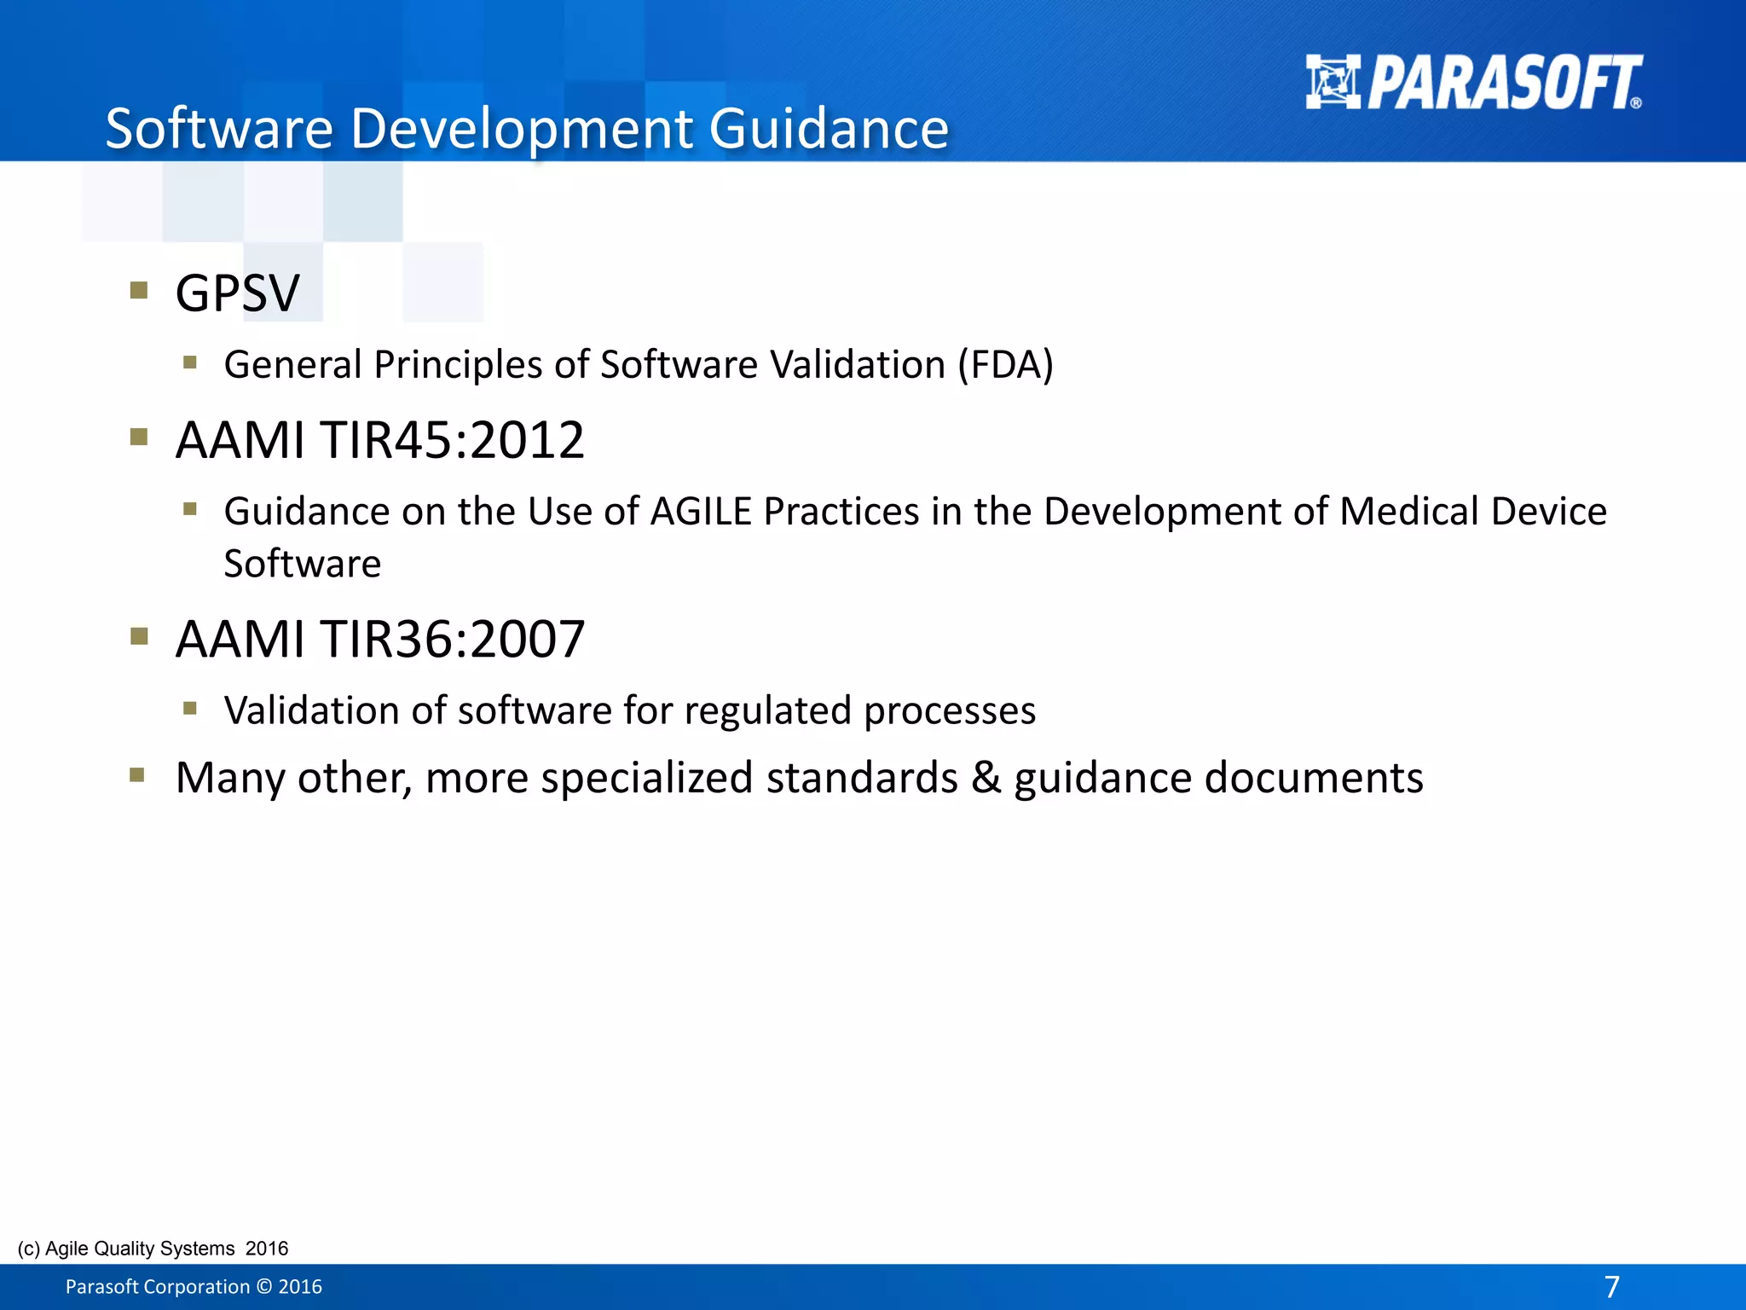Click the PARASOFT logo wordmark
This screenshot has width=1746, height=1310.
pos(1505,83)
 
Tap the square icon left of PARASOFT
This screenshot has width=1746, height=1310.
pos(1333,83)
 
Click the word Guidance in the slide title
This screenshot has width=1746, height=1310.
pos(829,129)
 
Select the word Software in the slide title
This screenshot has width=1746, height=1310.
pos(219,129)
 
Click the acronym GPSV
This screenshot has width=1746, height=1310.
pos(237,293)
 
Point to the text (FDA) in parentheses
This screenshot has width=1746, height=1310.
pos(1005,365)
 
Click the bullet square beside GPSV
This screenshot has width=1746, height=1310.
pos(139,291)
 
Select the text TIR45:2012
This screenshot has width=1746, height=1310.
pos(452,441)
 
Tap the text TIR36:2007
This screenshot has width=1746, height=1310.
pos(452,639)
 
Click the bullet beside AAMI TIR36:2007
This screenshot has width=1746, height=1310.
pos(139,636)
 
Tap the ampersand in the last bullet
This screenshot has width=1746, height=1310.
pos(986,777)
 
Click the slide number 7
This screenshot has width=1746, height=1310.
pos(1611,1286)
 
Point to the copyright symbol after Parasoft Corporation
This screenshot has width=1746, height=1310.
pos(264,1287)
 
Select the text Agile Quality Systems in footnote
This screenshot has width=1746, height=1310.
pos(140,1249)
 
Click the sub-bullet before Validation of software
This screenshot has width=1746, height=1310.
pos(190,708)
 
